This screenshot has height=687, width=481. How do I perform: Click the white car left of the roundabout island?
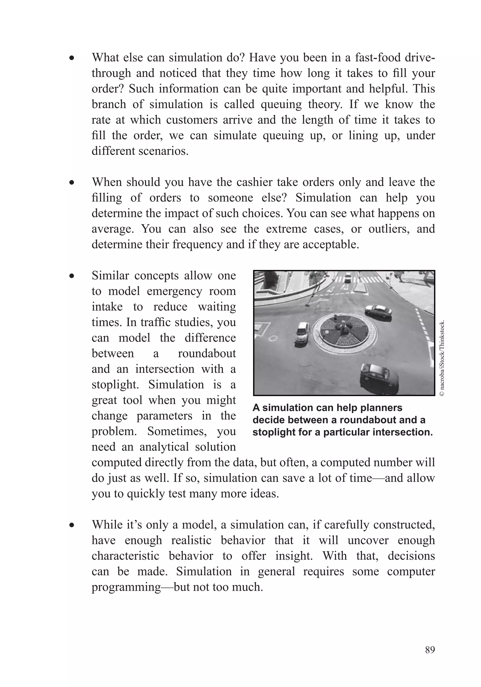303,332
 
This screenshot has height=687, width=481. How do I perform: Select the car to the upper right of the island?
379,311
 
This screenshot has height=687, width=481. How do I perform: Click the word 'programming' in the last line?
126,587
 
